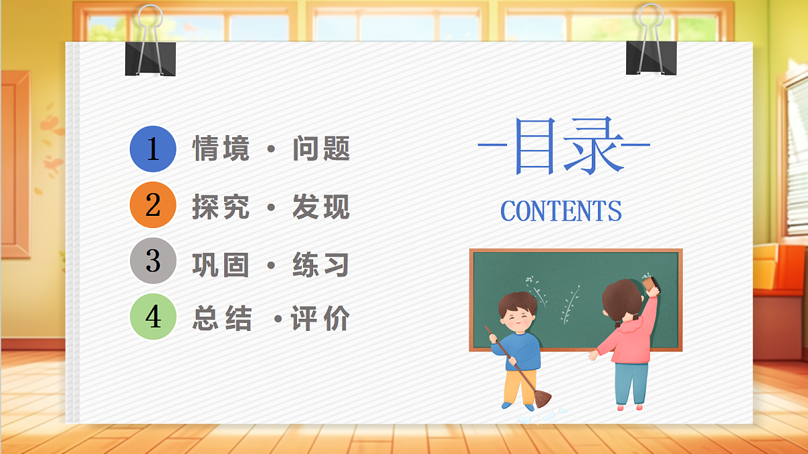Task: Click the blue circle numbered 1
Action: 153,149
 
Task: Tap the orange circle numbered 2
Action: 153,205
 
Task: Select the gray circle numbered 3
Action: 153,261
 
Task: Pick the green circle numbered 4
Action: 153,317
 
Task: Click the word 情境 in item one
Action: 221,149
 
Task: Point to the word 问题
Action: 321,149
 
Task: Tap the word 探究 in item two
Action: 221,206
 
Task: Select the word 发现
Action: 321,206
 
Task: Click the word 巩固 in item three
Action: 221,264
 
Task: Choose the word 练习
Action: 321,264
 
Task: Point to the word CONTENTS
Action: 561,211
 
